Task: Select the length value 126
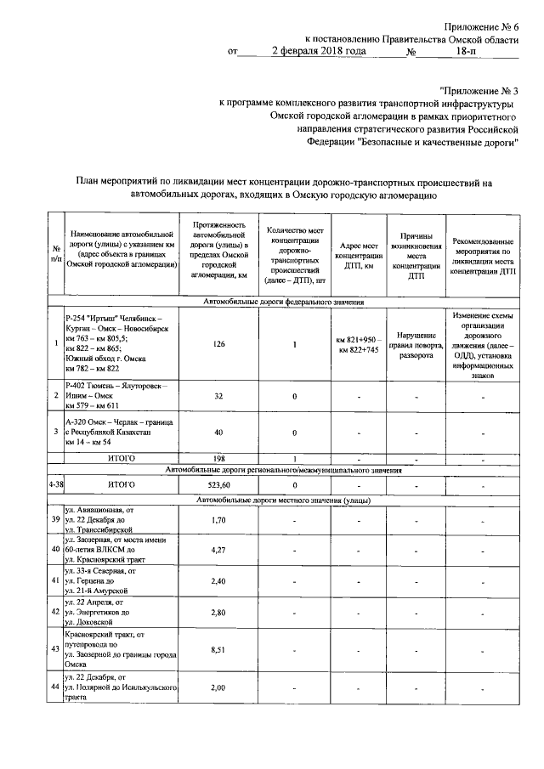tap(219, 344)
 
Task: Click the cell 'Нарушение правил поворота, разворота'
tap(416, 345)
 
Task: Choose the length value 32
tap(219, 396)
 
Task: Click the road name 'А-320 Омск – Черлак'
tap(119, 422)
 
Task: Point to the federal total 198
tap(219, 458)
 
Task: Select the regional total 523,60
tap(219, 484)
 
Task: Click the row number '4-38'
tap(55, 484)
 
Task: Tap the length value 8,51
tap(219, 649)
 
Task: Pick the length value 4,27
tap(219, 550)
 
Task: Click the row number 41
tap(55, 582)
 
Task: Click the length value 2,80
tap(219, 612)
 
